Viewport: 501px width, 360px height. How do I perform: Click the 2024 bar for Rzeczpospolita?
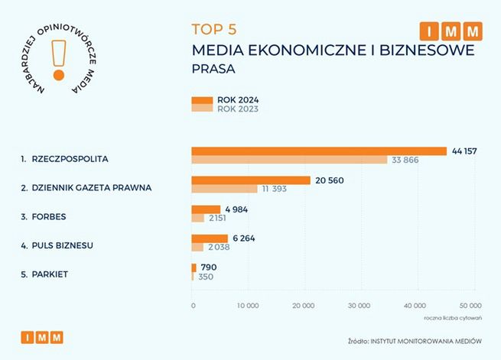pos(319,151)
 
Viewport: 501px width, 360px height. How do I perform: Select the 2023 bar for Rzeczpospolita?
pos(289,160)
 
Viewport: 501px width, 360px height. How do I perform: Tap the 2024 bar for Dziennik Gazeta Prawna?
pos(251,180)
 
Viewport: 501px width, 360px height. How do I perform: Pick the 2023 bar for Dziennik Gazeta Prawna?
pos(224,189)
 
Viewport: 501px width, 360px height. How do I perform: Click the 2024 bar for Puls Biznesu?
pos(210,238)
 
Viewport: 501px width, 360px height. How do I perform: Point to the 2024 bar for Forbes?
pos(206,209)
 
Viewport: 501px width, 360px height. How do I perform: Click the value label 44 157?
pos(464,151)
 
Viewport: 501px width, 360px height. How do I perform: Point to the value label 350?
pos(205,276)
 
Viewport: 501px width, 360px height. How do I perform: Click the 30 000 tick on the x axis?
pos(360,306)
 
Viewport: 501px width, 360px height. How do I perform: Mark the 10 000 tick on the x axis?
pos(249,306)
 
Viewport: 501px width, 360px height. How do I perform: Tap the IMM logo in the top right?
pos(451,31)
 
